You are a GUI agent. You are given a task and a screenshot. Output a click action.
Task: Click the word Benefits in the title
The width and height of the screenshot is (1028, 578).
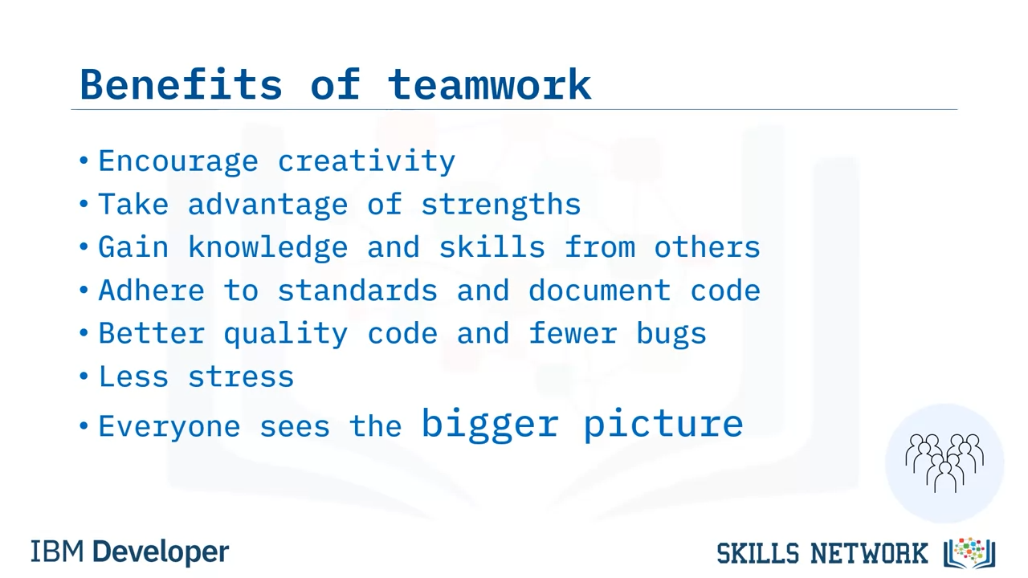click(x=181, y=84)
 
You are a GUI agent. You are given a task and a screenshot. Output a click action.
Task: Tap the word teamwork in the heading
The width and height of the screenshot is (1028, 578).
click(x=489, y=84)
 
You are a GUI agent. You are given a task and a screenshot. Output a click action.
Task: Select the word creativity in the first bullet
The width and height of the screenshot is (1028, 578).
click(x=366, y=161)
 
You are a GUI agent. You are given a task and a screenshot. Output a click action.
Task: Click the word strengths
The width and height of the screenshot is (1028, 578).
click(x=501, y=204)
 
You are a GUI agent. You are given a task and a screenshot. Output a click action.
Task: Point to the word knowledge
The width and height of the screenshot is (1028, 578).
click(x=268, y=247)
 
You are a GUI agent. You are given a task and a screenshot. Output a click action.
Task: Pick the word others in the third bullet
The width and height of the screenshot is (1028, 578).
click(x=708, y=247)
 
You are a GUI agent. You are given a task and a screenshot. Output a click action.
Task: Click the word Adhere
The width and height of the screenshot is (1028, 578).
click(x=152, y=291)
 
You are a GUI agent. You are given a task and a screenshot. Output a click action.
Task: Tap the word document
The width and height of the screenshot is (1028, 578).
click(x=599, y=291)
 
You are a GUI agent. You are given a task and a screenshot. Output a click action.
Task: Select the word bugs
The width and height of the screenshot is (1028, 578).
click(x=671, y=333)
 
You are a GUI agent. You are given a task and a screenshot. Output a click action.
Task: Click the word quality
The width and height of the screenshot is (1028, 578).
click(x=286, y=333)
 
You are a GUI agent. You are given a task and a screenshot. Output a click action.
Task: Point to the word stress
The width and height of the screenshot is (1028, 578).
click(x=241, y=377)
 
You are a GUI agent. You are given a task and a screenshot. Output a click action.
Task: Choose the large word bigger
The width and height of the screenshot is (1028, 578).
click(x=490, y=424)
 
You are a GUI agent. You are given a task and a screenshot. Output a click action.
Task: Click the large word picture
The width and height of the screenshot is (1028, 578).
click(x=663, y=424)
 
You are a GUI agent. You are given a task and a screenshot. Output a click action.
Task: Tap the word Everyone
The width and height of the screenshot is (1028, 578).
click(x=169, y=426)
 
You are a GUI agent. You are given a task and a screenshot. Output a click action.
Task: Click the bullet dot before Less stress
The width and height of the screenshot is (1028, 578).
click(x=84, y=377)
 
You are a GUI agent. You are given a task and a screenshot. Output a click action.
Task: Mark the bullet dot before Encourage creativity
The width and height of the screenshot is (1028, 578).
click(x=84, y=161)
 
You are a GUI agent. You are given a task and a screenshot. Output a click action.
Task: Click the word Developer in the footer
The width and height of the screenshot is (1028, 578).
click(x=161, y=552)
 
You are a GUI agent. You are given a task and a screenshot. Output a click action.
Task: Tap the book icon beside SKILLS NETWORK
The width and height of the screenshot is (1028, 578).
click(x=969, y=553)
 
